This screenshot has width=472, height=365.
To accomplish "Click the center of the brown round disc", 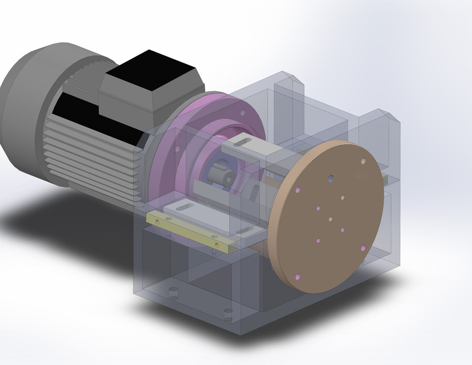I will (x=330, y=217).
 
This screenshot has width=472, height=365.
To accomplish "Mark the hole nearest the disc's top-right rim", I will (x=362, y=162).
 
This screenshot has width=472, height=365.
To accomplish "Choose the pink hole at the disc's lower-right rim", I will (x=363, y=249).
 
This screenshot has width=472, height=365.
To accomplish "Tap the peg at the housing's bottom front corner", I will (x=229, y=313).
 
